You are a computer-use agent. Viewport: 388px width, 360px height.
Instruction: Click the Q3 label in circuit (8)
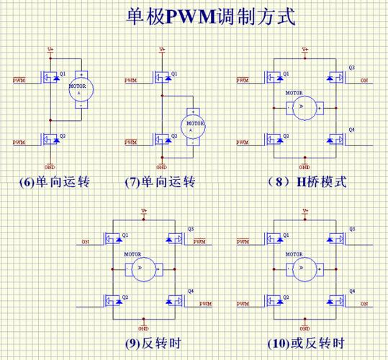tap(351, 68)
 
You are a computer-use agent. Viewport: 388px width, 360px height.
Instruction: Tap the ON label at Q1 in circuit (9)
tap(86, 241)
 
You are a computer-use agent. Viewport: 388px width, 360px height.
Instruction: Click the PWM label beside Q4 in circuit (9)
tap(205, 304)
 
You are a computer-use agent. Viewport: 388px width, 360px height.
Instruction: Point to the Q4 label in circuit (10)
tap(351, 291)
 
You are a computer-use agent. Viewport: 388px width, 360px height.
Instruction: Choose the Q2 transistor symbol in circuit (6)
tap(50, 138)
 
